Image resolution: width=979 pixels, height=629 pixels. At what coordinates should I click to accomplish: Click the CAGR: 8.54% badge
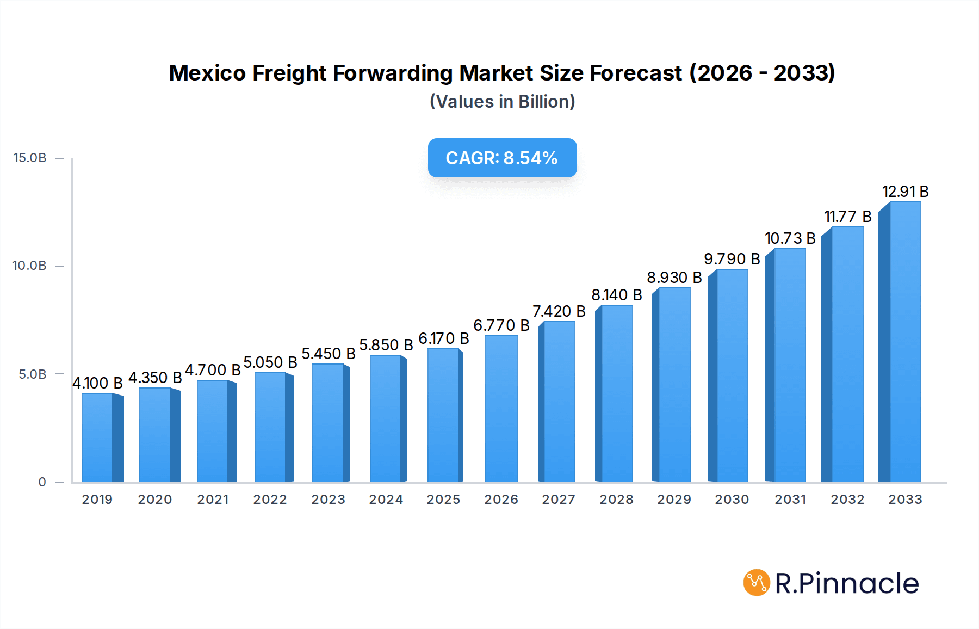502,158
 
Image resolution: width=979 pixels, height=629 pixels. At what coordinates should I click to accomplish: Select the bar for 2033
904,343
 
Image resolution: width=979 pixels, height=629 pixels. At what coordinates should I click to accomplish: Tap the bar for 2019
97,437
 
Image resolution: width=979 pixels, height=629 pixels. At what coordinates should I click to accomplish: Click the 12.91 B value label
905,192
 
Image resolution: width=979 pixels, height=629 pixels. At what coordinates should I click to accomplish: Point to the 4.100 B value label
97,383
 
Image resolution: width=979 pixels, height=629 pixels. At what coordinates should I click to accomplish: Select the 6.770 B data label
501,325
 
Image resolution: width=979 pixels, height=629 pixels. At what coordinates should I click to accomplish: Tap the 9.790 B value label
732,259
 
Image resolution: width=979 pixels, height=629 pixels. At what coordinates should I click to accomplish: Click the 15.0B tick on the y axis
30,158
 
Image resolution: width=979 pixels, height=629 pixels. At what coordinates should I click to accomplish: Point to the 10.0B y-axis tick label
30,266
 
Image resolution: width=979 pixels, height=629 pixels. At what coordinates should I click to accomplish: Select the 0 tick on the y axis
42,482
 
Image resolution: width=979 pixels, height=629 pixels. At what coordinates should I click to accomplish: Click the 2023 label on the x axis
328,499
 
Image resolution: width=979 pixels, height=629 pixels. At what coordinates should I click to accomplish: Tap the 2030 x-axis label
732,499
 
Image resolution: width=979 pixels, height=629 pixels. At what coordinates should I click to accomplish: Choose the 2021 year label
213,499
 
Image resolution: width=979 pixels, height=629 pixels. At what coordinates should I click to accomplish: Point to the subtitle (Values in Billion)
502,102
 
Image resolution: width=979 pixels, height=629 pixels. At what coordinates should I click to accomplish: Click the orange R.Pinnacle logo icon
757,583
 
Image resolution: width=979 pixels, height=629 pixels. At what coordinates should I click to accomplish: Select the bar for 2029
674,385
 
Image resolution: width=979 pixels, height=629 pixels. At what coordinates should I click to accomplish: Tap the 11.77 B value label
847,217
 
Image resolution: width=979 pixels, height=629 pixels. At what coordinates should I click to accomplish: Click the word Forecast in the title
636,73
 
